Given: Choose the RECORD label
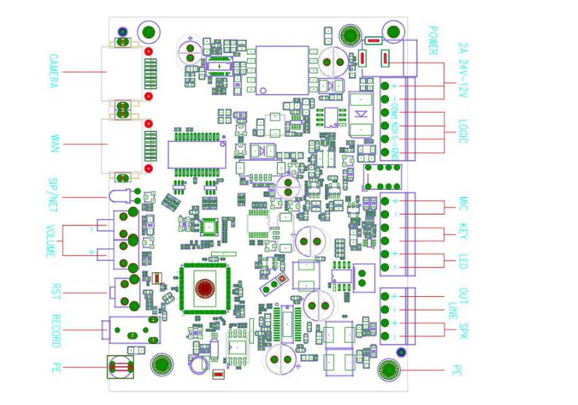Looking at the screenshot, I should click(56, 331).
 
